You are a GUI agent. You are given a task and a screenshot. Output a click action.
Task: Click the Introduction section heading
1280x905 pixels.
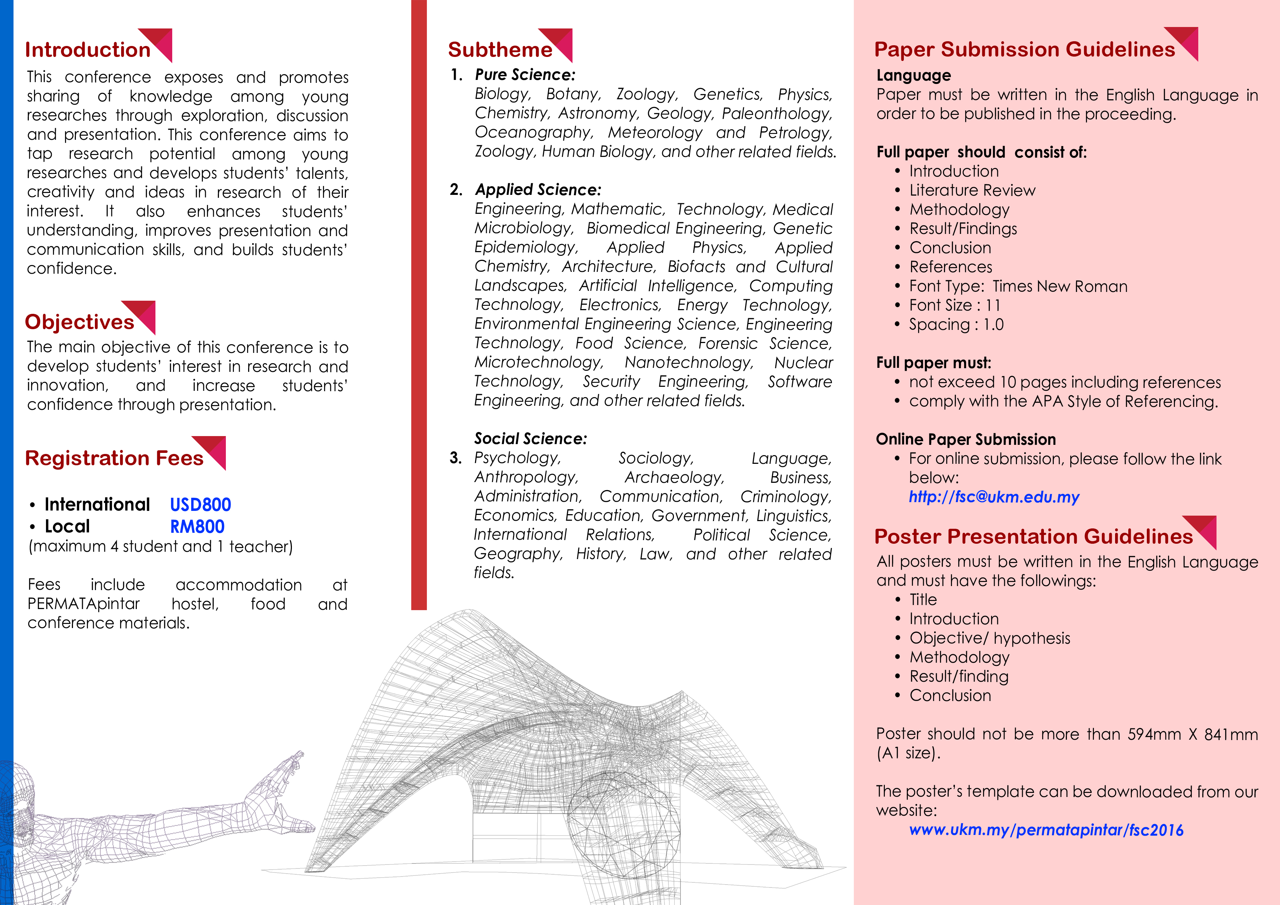pos(88,50)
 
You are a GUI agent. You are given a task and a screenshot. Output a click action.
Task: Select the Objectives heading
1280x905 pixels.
pos(79,322)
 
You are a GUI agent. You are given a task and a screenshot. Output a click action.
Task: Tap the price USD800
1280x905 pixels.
pos(200,505)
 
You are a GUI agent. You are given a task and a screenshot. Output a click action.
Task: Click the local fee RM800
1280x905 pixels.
pos(197,526)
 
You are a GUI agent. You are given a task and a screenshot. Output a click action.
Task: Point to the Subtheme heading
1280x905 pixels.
pos(500,50)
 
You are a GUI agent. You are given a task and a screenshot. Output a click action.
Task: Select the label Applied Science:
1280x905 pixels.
pos(538,190)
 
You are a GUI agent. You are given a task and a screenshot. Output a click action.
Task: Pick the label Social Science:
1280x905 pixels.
pos(530,439)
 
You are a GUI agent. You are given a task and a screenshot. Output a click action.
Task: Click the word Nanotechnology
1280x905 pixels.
pos(689,362)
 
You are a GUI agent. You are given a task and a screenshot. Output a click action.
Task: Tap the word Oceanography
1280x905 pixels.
pos(533,133)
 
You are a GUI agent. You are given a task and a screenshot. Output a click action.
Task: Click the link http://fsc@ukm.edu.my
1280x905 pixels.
pos(994,497)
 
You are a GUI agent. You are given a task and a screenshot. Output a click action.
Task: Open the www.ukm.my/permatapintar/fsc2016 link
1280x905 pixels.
pos(1046,830)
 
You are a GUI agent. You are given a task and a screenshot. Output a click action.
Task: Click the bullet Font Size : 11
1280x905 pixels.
pos(955,305)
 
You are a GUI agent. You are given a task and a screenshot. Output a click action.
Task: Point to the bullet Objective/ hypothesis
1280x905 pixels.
pos(990,638)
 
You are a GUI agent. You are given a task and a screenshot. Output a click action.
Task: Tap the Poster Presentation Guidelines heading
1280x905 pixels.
pos(1033,536)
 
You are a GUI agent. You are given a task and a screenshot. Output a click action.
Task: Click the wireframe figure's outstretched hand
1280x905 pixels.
pos(284,770)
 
